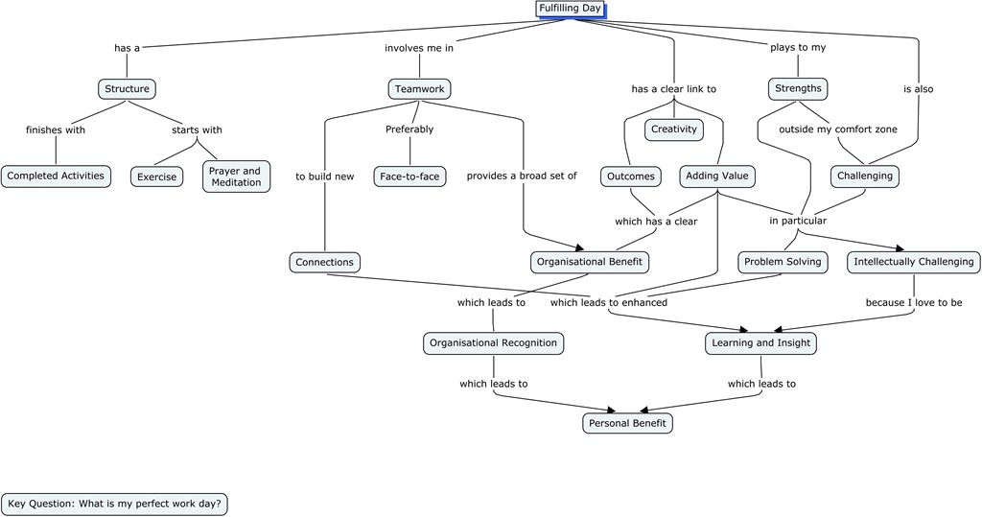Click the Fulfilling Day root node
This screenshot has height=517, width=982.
[x=570, y=9]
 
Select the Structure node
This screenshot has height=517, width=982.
[x=127, y=89]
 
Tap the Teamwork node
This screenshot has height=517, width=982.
[x=420, y=89]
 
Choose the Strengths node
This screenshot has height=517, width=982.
[x=797, y=89]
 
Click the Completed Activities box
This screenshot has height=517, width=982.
[x=56, y=176]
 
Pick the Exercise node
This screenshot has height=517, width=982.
[x=156, y=177]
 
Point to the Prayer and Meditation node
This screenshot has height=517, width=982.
[x=236, y=176]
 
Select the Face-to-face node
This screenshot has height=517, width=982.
[x=409, y=176]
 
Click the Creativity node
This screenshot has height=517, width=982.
[x=673, y=129]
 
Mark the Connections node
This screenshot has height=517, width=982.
[x=324, y=262]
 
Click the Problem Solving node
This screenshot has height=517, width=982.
[x=783, y=262]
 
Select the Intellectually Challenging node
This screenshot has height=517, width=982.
[x=914, y=262]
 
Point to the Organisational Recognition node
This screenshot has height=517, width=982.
[x=494, y=343]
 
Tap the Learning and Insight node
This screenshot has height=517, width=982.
[x=761, y=343]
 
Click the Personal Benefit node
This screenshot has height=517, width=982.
[x=627, y=423]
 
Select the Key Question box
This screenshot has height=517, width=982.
[x=115, y=504]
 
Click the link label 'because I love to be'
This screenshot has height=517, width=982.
[x=914, y=303]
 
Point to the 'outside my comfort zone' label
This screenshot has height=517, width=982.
[x=838, y=129]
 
